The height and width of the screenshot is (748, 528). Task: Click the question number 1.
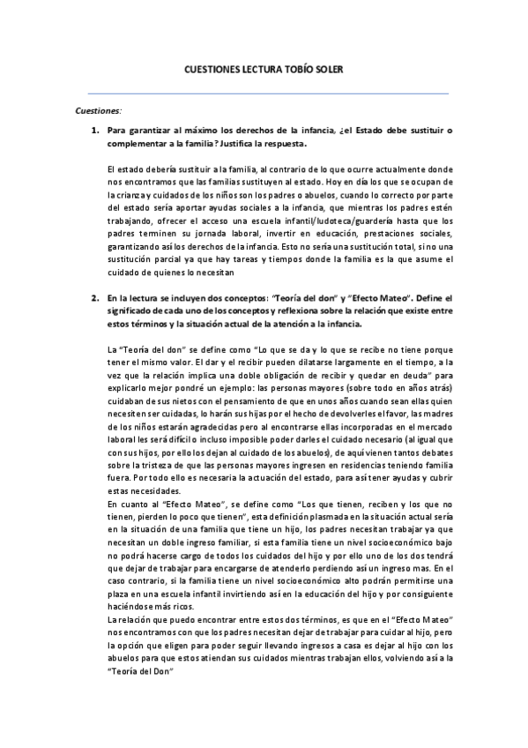(94, 131)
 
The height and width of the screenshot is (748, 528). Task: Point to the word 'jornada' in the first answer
(197, 234)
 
